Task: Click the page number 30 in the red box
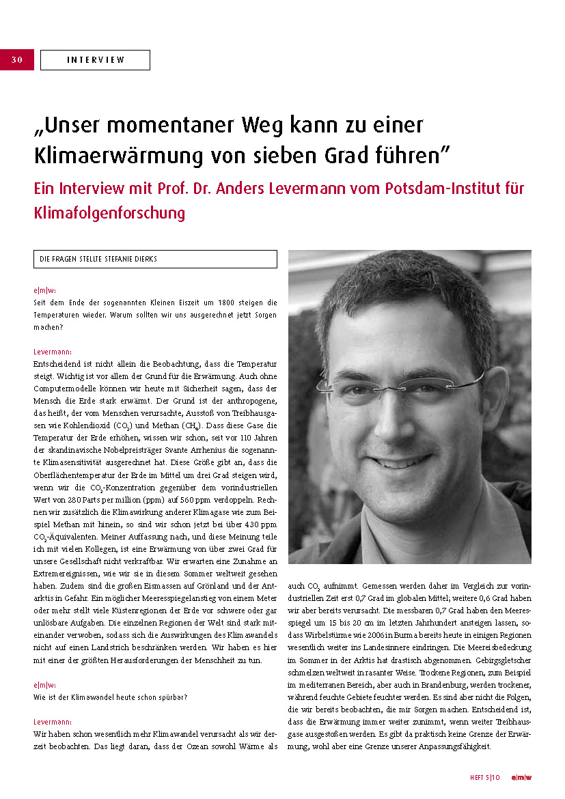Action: [17, 60]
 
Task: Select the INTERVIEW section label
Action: [95, 60]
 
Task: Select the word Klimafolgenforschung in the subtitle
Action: [109, 212]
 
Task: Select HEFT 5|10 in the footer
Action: [485, 776]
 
